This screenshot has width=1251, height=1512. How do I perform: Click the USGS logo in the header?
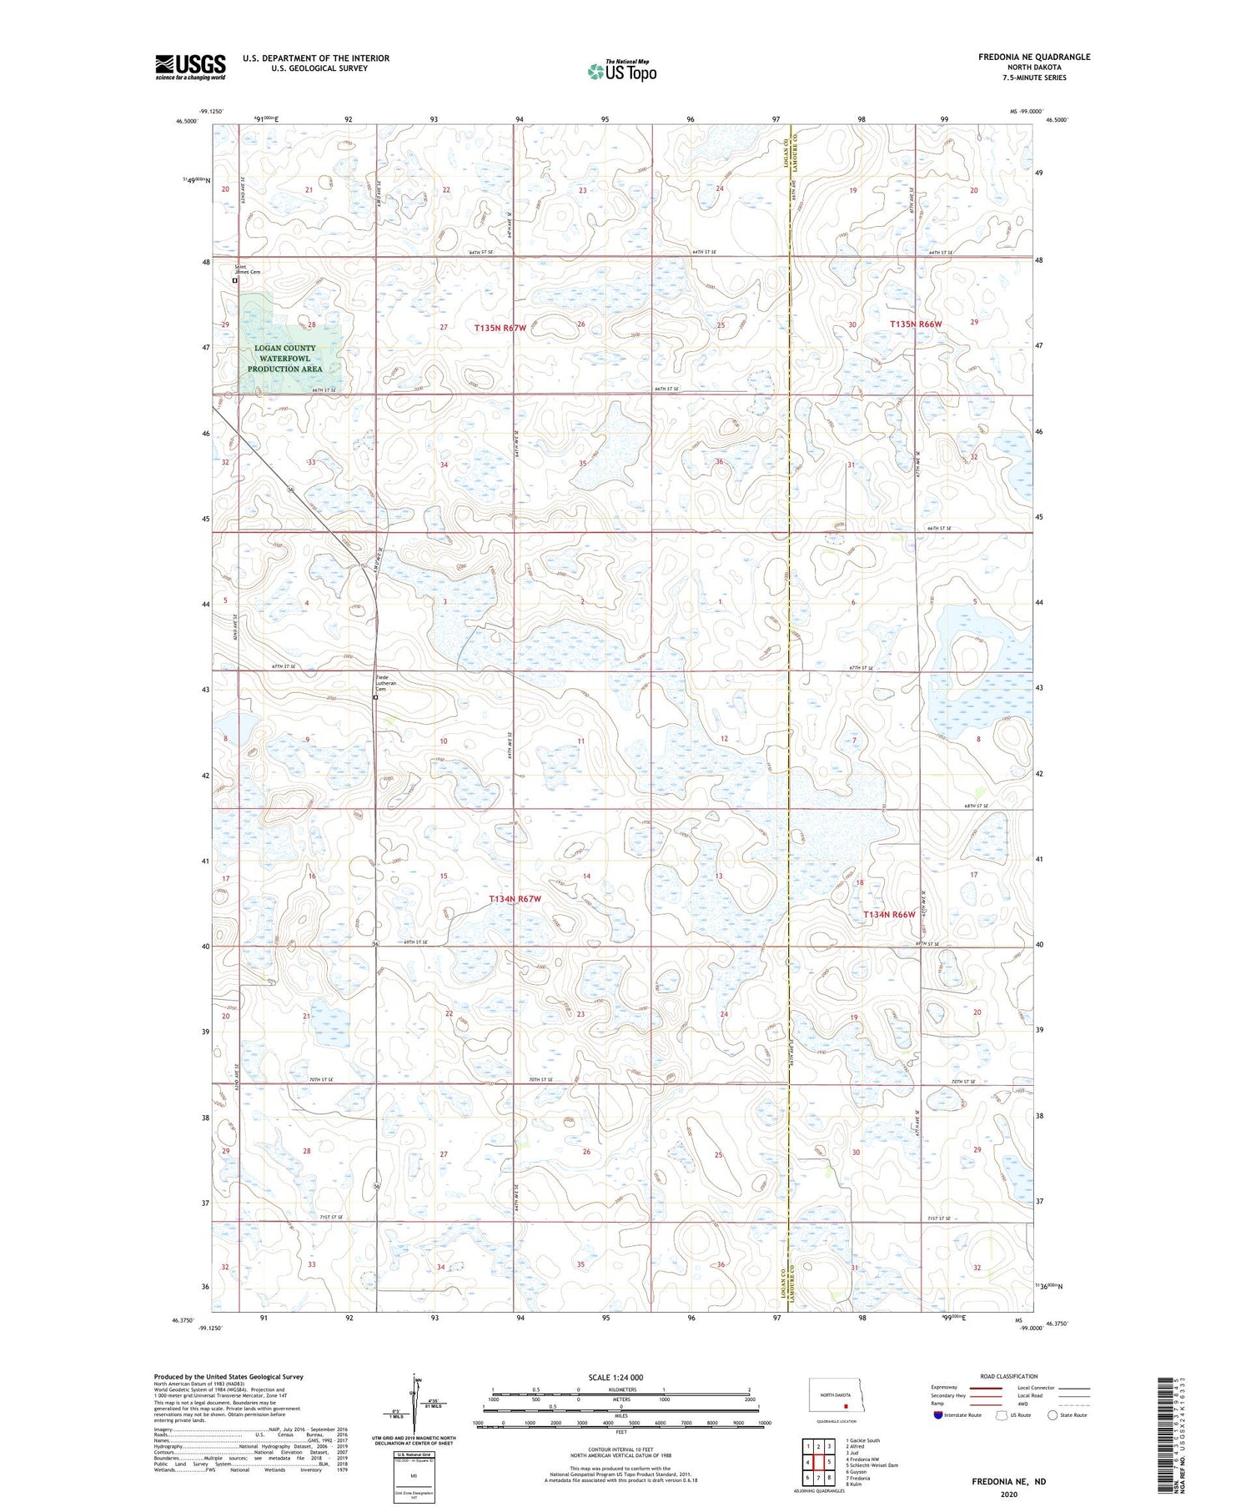190,67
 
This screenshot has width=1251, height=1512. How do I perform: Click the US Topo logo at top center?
621,71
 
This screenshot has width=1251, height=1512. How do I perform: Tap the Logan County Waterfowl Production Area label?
284,358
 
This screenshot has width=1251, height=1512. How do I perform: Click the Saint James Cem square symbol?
235,281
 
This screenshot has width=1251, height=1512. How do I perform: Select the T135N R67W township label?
500,328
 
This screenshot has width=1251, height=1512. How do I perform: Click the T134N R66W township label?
888,915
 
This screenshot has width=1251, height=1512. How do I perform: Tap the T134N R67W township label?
515,899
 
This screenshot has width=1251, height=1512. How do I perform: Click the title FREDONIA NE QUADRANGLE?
1034,57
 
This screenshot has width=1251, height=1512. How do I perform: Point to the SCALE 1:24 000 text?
615,1378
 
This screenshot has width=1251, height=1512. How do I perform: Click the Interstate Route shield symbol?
938,1415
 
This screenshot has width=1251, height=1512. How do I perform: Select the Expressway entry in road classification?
947,1388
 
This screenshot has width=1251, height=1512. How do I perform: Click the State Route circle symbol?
1053,1415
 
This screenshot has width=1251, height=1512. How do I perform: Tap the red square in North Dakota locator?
845,1403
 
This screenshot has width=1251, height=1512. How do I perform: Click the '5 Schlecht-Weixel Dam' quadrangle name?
872,1465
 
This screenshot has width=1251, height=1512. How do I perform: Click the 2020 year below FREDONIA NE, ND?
1008,1494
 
